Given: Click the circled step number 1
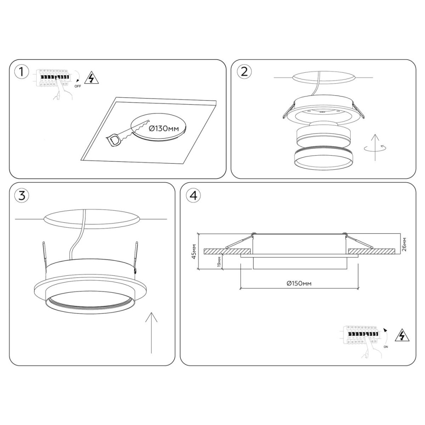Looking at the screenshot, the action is click(x=21, y=72).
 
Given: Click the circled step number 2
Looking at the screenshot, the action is click(x=244, y=72).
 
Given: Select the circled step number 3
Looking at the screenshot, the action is click(x=21, y=195).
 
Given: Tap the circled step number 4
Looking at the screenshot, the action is click(x=193, y=195).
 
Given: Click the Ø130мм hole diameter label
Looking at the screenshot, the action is click(x=164, y=128).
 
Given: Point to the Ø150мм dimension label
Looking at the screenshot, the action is click(x=299, y=283).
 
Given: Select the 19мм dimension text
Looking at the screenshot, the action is click(x=219, y=261).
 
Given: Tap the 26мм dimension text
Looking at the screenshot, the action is click(x=405, y=244).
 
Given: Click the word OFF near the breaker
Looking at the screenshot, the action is click(x=77, y=86).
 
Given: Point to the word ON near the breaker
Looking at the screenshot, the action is click(x=386, y=347).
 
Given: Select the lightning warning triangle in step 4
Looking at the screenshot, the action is click(x=402, y=336).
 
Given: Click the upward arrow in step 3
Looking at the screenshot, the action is click(x=151, y=333).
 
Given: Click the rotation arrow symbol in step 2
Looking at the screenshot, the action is click(x=375, y=148).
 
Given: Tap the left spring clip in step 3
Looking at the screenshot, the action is click(x=45, y=255).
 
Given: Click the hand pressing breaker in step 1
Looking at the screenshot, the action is click(x=63, y=92).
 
